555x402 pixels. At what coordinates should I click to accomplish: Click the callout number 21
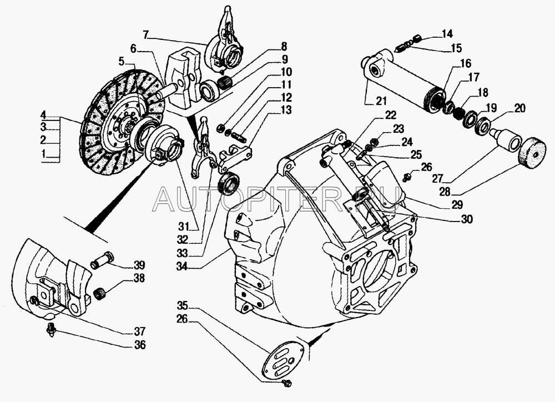point(381,101)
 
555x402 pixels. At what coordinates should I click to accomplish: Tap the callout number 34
point(182,267)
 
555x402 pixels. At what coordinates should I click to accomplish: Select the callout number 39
point(139,265)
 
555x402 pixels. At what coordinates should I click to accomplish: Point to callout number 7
point(146,35)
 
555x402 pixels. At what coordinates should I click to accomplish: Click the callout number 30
point(467,219)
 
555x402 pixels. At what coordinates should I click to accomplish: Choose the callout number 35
point(183,305)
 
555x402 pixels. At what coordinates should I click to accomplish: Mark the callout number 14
point(447,34)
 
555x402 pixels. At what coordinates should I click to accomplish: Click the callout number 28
point(445,192)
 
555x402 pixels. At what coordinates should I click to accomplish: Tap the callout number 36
point(140,344)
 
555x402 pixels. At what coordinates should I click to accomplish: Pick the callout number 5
point(122,62)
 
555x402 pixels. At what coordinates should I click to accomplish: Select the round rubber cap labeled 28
point(533,153)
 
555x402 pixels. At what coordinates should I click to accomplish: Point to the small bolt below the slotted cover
point(287,383)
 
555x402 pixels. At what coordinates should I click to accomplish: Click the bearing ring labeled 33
point(229,183)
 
